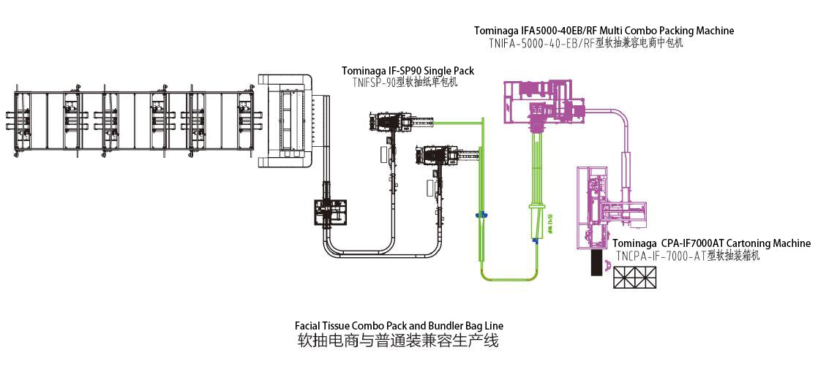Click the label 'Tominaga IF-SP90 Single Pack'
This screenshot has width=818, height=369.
tap(408, 71)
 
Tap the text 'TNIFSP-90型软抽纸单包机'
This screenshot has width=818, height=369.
tap(405, 83)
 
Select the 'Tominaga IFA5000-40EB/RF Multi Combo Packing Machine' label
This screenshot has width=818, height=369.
tap(604, 31)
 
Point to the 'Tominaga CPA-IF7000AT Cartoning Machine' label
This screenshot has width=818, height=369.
tap(711, 243)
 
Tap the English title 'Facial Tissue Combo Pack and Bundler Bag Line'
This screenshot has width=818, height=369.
tap(399, 326)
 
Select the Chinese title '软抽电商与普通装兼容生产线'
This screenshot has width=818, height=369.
tap(398, 341)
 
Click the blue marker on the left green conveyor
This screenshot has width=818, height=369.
tap(481, 216)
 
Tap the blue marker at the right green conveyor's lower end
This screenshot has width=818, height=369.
tap(536, 240)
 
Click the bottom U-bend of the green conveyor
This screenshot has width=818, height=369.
tap(509, 278)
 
